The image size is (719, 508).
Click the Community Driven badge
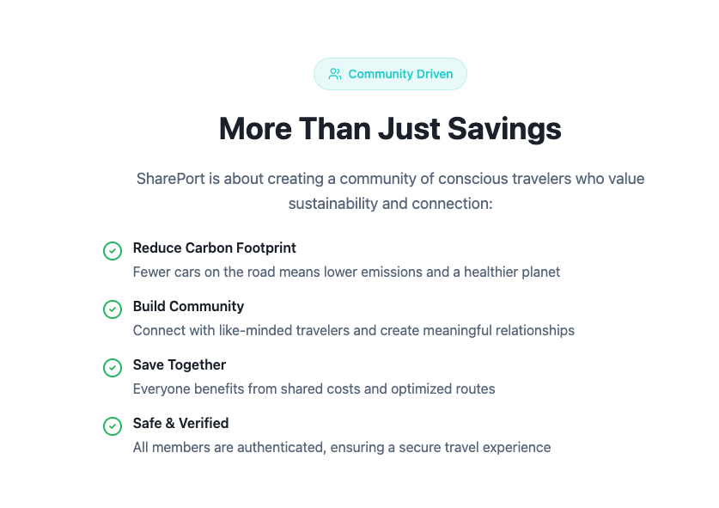[x=390, y=74]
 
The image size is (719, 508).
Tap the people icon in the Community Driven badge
[x=335, y=74]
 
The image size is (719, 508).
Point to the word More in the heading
[x=256, y=129]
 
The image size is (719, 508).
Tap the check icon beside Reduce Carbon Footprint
[x=113, y=250]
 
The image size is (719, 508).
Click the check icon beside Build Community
[x=113, y=309]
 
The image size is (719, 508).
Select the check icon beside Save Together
[x=113, y=367]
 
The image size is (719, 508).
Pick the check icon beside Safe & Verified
[x=113, y=425]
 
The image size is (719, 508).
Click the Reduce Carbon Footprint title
[x=214, y=248]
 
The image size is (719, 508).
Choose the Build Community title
[x=188, y=306]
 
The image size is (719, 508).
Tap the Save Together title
[x=179, y=364]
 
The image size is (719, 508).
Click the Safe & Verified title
[x=180, y=423]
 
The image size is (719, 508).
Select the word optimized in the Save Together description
[x=423, y=389]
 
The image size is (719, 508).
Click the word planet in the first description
[x=540, y=272]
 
